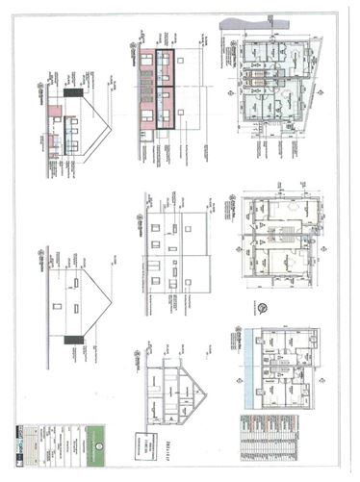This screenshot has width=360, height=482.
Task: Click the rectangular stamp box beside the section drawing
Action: click(147, 443)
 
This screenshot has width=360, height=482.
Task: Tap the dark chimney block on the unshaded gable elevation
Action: click(69, 340)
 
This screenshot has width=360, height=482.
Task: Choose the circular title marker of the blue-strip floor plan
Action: click(235, 338)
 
